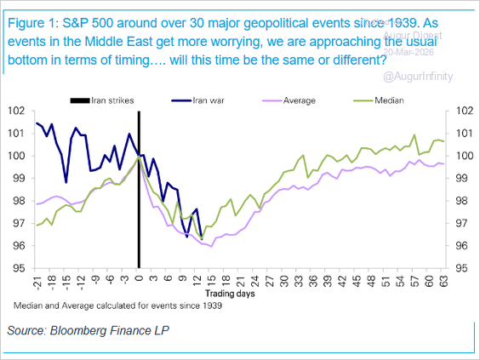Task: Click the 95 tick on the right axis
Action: pos(459,268)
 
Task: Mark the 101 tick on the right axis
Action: pos(459,134)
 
